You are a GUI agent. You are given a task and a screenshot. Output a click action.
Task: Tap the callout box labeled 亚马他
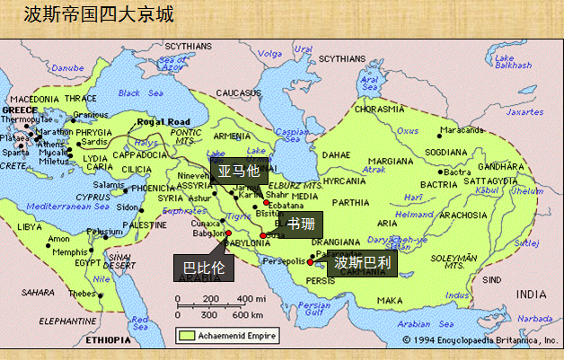coord(238,170)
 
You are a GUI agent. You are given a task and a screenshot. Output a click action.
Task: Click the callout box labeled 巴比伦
coord(203,268)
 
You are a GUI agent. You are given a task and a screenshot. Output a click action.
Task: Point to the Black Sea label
coord(128,92)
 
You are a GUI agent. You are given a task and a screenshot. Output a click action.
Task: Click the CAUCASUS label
coord(237,92)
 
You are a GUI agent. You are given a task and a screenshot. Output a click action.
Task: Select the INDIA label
coord(531,294)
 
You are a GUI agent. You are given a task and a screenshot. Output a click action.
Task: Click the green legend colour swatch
coord(186,335)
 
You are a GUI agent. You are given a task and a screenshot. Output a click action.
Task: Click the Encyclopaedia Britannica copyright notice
coord(480,339)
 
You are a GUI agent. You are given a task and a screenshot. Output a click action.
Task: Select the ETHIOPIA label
coord(108,342)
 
